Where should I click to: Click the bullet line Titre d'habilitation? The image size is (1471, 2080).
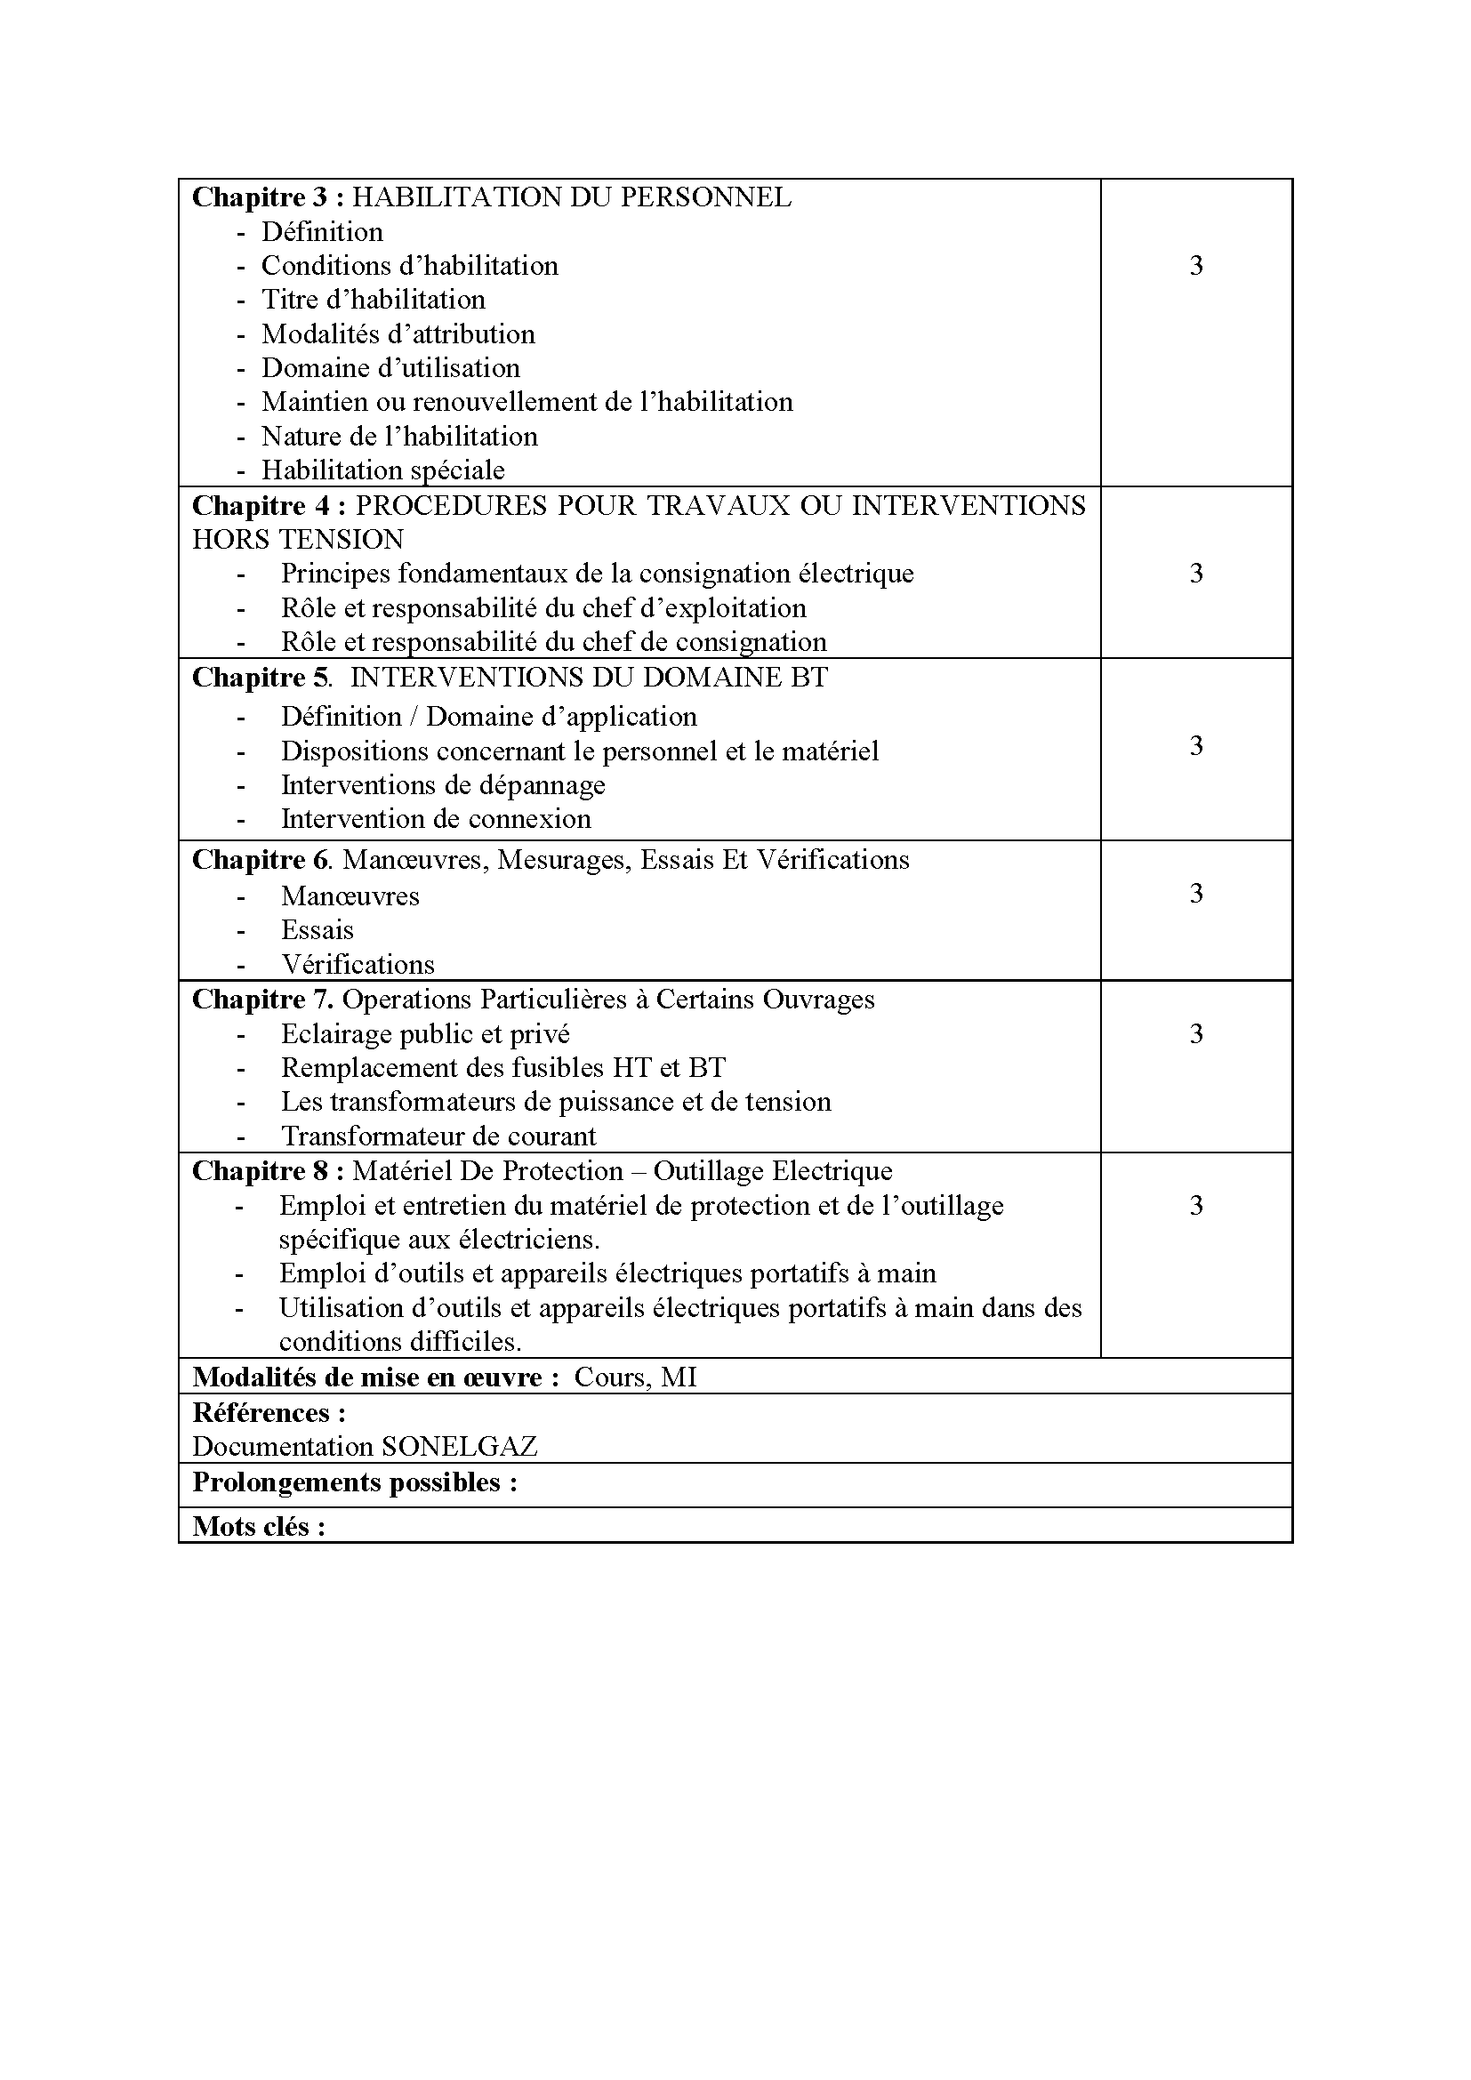373,300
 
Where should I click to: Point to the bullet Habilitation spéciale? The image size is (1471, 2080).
382,470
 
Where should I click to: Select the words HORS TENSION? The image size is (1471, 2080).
297,539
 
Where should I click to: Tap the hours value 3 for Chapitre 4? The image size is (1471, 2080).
1195,574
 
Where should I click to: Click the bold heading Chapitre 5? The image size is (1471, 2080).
259,678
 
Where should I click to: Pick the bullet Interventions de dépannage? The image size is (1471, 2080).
442,784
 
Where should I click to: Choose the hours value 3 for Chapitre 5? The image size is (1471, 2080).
1195,746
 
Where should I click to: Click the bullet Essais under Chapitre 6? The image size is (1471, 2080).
317,930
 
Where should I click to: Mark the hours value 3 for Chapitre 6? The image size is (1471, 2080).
1195,894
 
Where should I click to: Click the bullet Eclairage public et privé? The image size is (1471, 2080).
425,1033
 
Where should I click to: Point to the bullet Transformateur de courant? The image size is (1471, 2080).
438,1136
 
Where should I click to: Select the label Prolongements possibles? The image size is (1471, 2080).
354,1482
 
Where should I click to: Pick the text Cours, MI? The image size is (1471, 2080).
635,1377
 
